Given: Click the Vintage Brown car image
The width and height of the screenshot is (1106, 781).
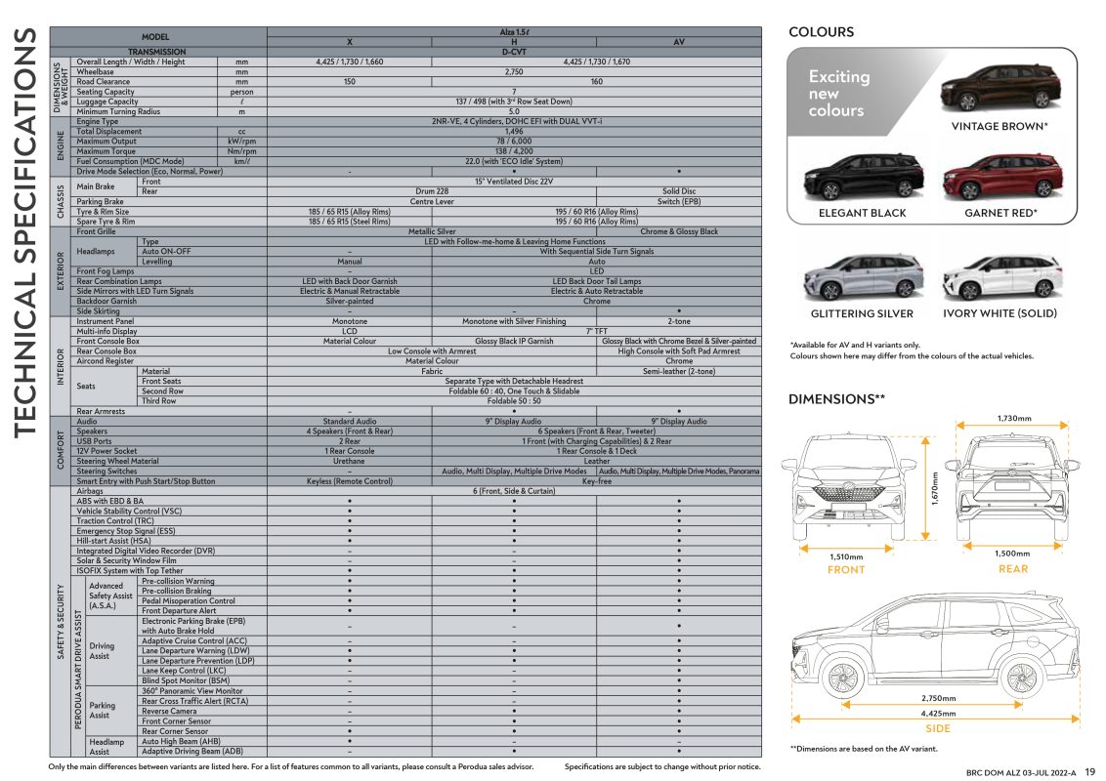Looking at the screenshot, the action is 1000,87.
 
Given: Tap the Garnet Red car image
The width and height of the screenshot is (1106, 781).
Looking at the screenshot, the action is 1001,177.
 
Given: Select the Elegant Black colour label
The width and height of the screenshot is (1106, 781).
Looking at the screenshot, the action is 862,213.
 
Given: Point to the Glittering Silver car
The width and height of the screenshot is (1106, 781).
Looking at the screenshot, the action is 863,276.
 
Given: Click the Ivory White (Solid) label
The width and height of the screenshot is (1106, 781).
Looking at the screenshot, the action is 1000,313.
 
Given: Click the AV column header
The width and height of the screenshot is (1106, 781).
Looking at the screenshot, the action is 679,42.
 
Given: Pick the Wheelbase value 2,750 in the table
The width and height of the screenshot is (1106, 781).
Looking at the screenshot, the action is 514,72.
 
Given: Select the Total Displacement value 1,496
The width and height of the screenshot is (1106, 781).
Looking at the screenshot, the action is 514,132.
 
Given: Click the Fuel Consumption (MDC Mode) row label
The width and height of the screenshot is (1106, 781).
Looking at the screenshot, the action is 130,161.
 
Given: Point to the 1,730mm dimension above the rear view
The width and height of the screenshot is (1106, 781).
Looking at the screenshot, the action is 1013,419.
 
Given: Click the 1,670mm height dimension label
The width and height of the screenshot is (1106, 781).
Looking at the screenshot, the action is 935,488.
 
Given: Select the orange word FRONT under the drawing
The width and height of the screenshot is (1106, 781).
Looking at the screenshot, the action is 846,569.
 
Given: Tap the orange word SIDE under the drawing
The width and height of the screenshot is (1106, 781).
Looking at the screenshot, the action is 937,729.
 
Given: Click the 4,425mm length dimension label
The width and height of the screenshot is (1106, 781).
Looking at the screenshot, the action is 938,714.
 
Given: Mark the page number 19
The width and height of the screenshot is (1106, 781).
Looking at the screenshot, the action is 1089,772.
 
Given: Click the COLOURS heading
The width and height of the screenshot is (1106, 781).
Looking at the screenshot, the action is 821,31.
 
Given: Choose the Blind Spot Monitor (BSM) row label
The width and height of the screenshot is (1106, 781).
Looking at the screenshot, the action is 186,680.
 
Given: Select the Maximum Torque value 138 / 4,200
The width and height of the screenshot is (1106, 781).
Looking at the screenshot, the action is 514,151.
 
